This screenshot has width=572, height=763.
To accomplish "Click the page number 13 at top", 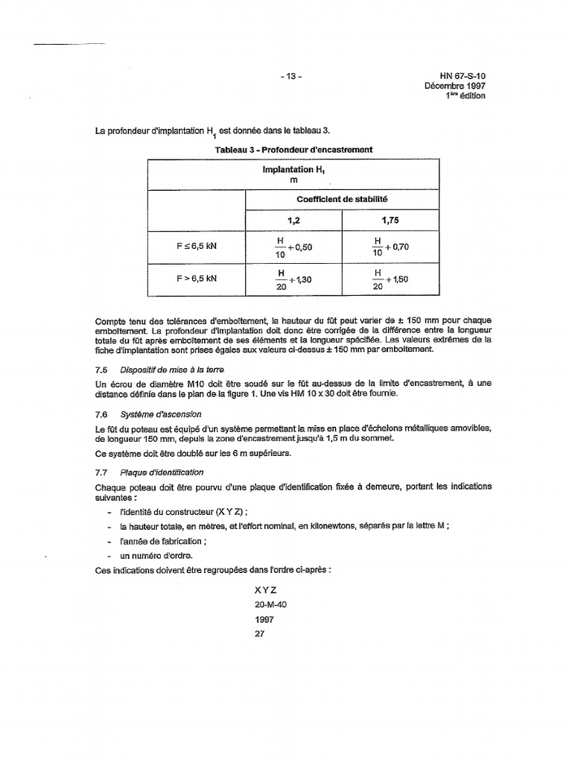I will pos(292,76).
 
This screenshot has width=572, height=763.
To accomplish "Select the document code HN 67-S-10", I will pos(462,76).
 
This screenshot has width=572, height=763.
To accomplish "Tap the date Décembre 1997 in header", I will pos(455,86).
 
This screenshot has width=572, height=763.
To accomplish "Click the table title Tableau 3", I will pos(293,149).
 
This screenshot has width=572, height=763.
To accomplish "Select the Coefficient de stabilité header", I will pos(342,200).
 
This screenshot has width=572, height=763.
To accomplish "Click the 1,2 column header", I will pos(293,221).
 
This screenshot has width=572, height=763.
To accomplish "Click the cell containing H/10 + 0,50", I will pos(293,247).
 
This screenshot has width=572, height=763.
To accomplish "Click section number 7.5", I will pos(102,370).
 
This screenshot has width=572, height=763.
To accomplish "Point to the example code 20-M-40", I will pos(270,605).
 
